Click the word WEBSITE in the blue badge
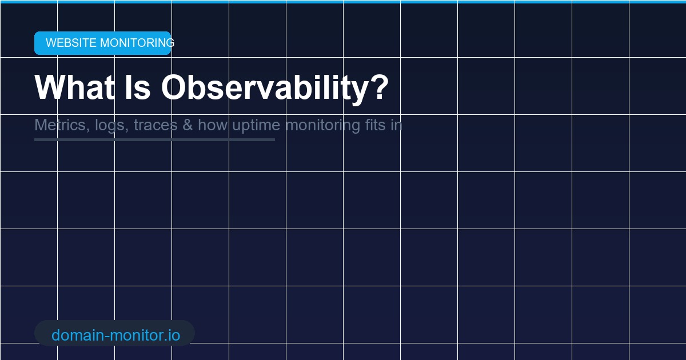click(x=71, y=43)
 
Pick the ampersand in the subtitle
click(x=188, y=125)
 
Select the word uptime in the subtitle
click(x=256, y=126)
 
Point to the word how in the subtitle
click(x=213, y=125)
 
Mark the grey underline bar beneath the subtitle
click(x=154, y=139)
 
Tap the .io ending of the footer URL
click(x=171, y=335)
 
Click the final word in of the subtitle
click(x=397, y=125)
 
